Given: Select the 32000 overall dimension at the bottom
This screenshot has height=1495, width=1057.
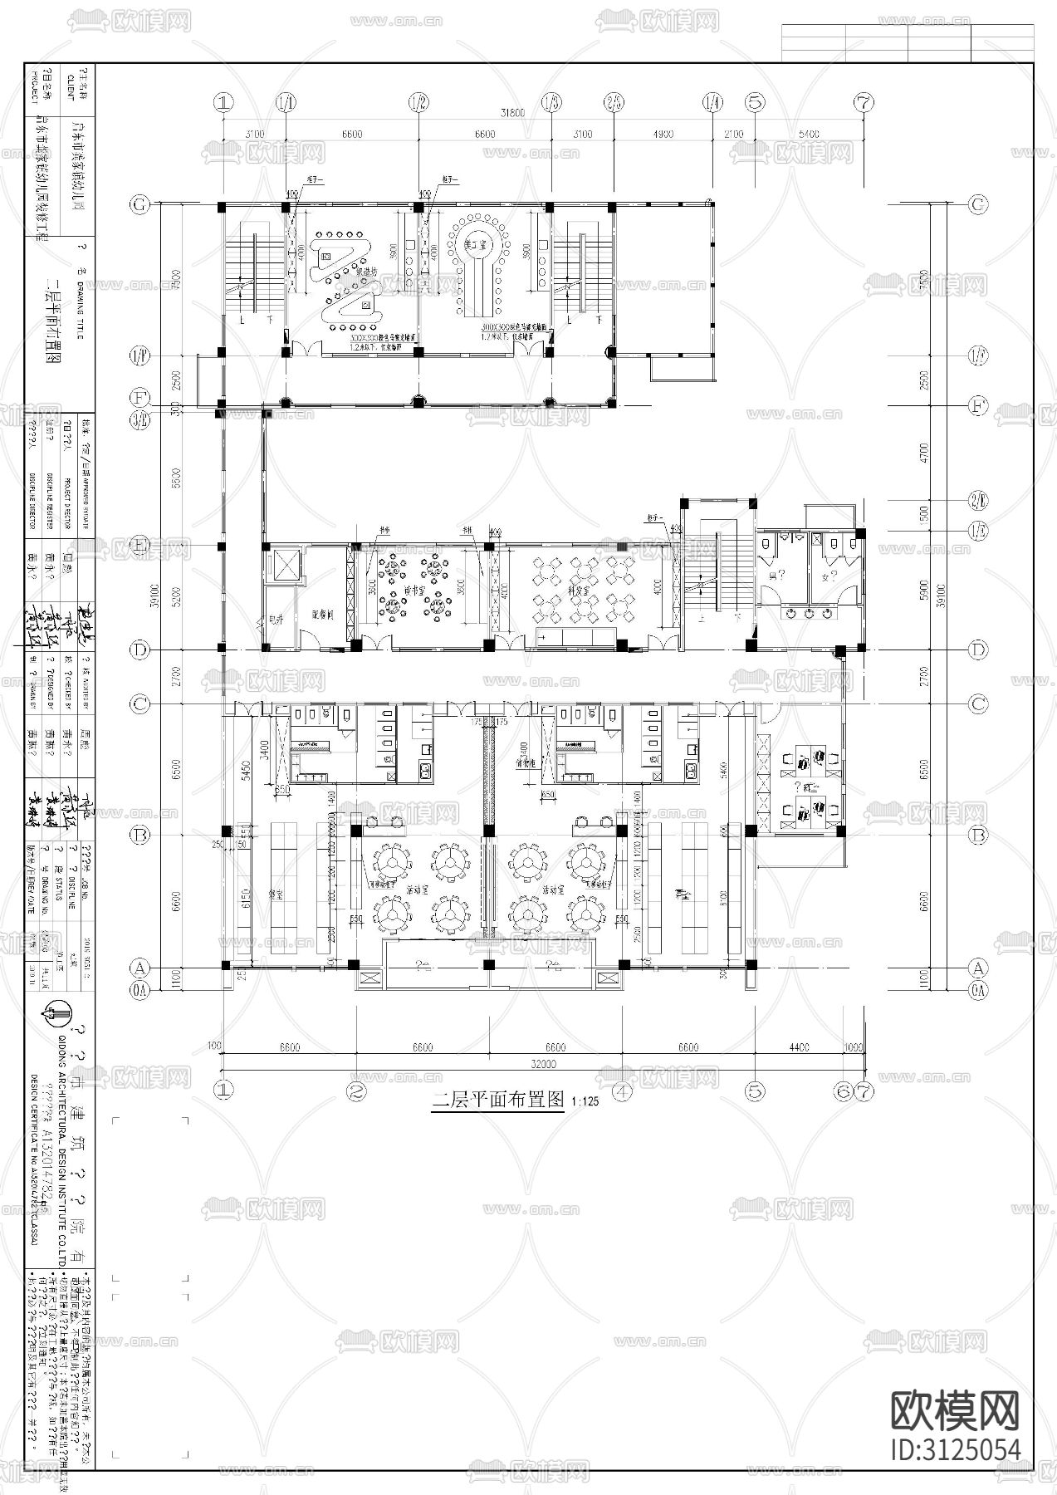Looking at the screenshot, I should point(544,1064).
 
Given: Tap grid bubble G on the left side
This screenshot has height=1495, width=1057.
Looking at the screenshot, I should point(141,204).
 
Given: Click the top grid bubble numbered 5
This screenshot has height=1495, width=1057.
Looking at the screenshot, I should point(755,103).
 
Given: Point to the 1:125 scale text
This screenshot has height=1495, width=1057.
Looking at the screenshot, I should point(584,1104).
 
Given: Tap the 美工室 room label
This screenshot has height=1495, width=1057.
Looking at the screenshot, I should point(475,244).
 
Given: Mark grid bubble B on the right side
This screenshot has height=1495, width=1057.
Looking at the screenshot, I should point(978,834).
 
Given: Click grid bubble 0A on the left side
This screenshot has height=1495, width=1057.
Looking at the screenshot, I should point(141,988).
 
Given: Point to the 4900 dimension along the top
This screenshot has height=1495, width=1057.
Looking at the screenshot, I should point(662,134).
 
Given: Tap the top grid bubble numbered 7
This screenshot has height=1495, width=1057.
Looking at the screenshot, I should point(864,103).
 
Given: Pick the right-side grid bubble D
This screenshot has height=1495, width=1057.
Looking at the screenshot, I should point(978,649).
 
